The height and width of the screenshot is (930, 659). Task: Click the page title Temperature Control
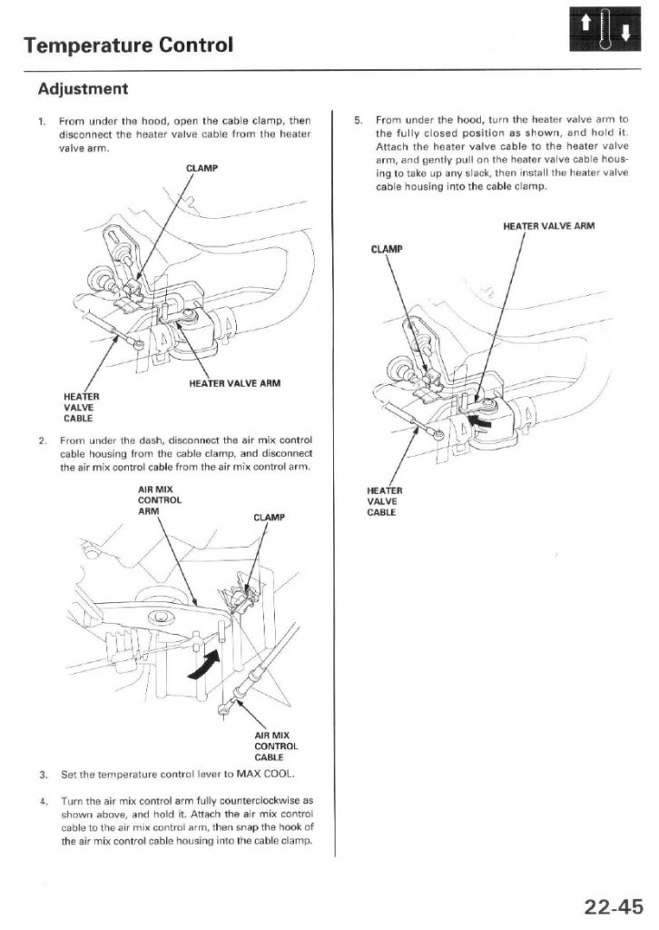pyautogui.click(x=128, y=43)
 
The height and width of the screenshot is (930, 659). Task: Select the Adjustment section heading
pyautogui.click(x=83, y=89)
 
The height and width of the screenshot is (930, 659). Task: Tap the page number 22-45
pyautogui.click(x=613, y=905)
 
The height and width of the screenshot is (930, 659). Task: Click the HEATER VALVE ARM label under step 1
pyautogui.click(x=235, y=382)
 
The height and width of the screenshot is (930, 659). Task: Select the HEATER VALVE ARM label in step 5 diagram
pyautogui.click(x=548, y=226)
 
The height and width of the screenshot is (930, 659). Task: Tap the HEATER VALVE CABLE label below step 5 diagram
pyautogui.click(x=382, y=501)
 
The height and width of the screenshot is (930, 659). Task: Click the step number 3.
pyautogui.click(x=43, y=774)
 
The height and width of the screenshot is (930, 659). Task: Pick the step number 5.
pyautogui.click(x=359, y=119)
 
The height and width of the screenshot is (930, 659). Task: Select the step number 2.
pyautogui.click(x=43, y=440)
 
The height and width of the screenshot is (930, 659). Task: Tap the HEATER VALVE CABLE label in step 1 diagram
pyautogui.click(x=81, y=407)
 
